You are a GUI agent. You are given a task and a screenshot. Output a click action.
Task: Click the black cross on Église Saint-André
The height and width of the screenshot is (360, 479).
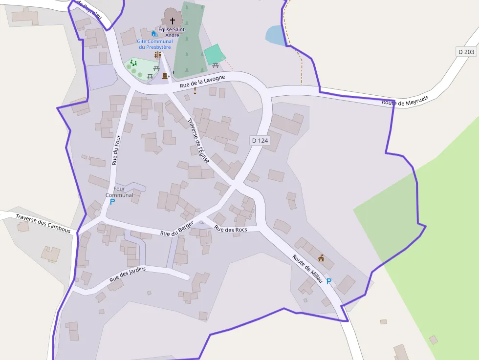172,21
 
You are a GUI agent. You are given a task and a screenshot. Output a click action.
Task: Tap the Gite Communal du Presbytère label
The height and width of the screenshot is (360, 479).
155,44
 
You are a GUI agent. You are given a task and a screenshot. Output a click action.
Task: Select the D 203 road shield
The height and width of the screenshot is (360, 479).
466,52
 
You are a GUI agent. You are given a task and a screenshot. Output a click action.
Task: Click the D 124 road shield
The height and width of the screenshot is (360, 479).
260,140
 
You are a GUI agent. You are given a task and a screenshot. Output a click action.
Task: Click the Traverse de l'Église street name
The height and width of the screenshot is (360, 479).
198,141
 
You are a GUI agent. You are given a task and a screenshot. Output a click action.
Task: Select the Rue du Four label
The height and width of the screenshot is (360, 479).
116,149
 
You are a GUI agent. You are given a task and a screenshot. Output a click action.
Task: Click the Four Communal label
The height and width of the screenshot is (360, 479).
119,192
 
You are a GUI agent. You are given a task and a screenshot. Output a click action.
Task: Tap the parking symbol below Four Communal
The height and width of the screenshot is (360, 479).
112,201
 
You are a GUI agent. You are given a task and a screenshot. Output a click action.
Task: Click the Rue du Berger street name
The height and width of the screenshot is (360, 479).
177,230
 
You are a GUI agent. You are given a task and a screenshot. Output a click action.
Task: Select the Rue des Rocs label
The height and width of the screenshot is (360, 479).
231,230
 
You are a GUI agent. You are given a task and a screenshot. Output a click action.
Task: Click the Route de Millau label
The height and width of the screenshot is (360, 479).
307,268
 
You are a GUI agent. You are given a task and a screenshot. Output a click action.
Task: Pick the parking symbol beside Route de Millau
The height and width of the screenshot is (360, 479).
329,281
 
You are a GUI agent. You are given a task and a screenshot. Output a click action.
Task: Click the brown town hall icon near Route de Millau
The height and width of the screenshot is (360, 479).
321,258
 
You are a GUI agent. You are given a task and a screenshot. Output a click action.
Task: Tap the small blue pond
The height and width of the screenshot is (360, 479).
274,36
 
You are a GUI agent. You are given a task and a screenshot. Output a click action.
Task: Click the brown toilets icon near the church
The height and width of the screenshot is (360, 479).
157,55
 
